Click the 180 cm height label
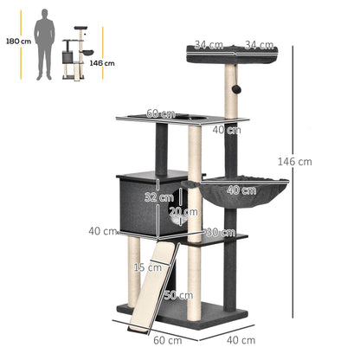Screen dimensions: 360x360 click(x=16, y=40)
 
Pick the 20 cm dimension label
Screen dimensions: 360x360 click(x=183, y=212)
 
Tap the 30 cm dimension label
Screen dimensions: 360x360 click(x=221, y=232)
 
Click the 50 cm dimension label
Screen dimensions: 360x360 click(x=180, y=296)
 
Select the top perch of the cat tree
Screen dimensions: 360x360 click(x=232, y=56)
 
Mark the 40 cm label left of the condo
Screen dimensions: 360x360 click(x=103, y=231)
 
